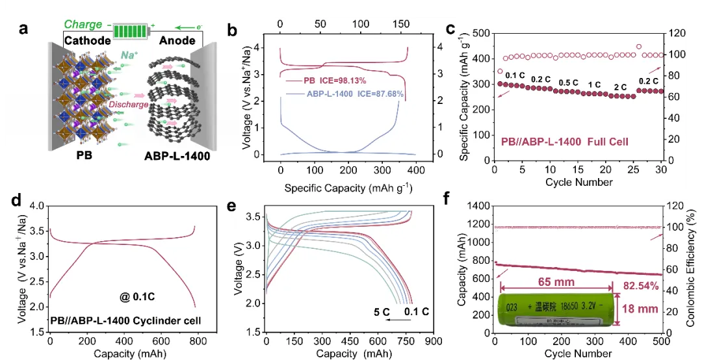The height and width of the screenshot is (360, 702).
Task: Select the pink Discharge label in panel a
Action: [127, 104]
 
